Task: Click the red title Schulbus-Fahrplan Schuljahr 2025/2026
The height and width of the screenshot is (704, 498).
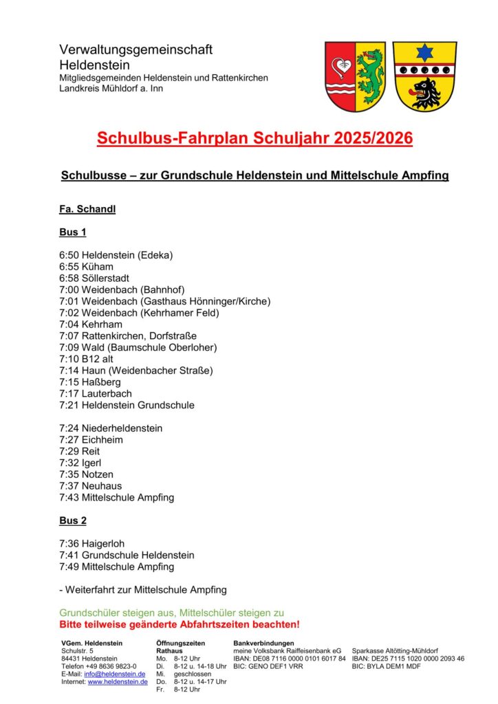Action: pos(255,138)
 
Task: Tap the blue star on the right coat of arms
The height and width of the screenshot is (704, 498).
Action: pos(424,53)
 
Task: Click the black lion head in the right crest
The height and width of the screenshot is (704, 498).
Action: pos(424,91)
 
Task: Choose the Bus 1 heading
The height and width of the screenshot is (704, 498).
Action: pos(73,232)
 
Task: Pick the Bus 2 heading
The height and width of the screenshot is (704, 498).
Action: pos(73,520)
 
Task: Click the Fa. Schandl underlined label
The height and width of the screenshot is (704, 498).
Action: pos(87,209)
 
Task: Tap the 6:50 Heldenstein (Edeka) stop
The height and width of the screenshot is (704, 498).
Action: pos(116,255)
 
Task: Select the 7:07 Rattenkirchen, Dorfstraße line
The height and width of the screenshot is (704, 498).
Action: pos(128,335)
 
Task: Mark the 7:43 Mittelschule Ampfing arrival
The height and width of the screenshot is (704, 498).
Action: pos(117,497)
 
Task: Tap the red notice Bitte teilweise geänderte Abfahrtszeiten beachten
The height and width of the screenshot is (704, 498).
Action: pos(180,624)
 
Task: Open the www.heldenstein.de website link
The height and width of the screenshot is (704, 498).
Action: pos(118,682)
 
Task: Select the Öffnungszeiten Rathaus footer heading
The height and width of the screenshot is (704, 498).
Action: pos(180,647)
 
